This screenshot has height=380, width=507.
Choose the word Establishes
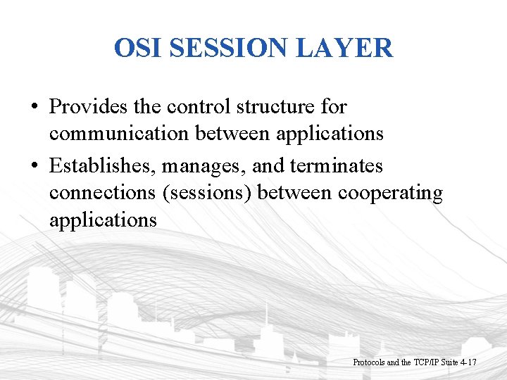click(103, 166)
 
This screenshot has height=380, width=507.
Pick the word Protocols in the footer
click(369, 362)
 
